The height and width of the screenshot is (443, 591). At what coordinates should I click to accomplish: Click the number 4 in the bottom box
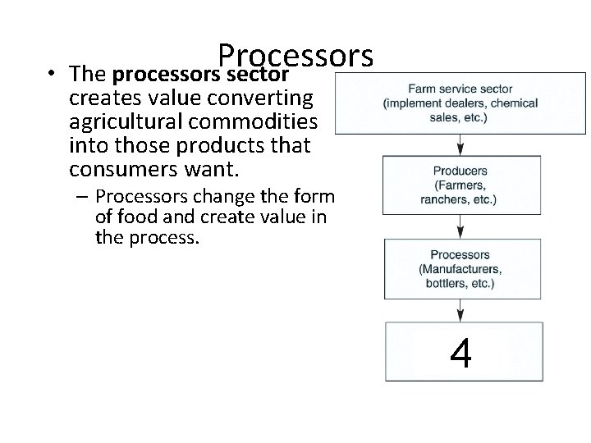tap(460, 354)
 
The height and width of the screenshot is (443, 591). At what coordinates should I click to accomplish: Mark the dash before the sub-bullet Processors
tap(84, 197)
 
